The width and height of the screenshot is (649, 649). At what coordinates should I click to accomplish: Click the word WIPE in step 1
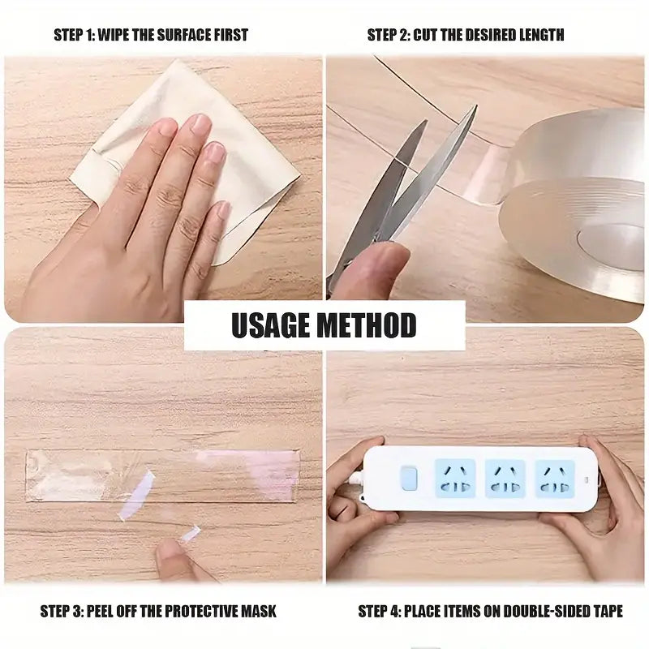pyautogui.click(x=114, y=35)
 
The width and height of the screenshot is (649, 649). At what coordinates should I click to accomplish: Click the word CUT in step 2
pyautogui.click(x=429, y=35)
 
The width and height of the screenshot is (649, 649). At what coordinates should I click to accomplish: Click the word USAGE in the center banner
pyautogui.click(x=269, y=326)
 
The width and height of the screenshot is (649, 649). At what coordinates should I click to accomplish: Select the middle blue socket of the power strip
pyautogui.click(x=505, y=479)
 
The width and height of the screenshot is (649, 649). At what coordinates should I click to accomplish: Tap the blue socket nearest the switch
pyautogui.click(x=454, y=479)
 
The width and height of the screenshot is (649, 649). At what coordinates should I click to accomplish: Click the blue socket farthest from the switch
pyautogui.click(x=555, y=479)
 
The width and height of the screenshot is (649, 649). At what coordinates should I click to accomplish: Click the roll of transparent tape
pyautogui.click(x=576, y=203)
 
